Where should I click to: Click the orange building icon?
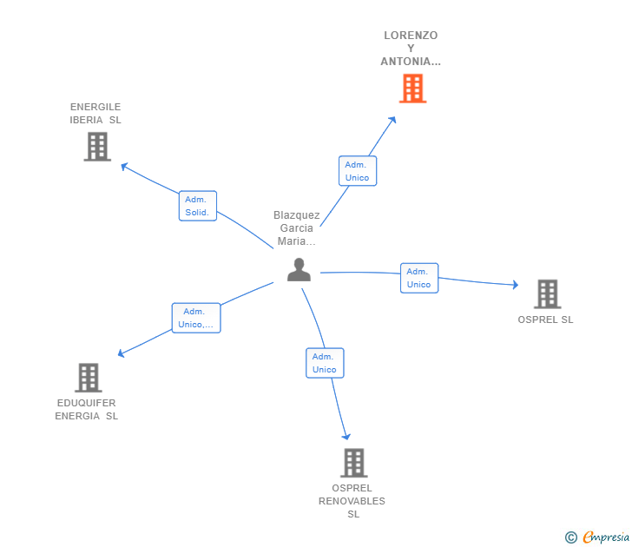click(x=412, y=89)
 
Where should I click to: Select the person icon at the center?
click(x=299, y=270)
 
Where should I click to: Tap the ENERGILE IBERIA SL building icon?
click(x=97, y=147)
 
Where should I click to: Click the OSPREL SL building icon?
click(x=547, y=293)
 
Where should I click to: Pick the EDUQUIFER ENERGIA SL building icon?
click(x=89, y=378)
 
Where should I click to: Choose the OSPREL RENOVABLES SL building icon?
click(x=354, y=463)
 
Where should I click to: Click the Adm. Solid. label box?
click(x=198, y=206)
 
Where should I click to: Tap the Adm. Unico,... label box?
click(x=196, y=318)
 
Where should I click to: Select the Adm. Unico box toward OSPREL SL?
click(x=419, y=278)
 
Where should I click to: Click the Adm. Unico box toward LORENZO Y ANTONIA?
click(x=358, y=171)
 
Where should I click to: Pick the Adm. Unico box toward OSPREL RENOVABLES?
click(x=325, y=363)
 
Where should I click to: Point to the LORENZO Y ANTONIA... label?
click(x=411, y=49)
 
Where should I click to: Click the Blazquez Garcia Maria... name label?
click(x=297, y=228)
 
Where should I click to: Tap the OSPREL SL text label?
click(x=545, y=320)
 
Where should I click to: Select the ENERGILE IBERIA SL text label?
click(x=95, y=113)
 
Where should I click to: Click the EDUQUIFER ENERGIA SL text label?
click(x=87, y=410)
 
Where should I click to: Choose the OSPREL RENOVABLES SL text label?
click(x=352, y=501)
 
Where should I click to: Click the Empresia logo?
click(x=597, y=537)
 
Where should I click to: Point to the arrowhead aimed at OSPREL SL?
click(x=516, y=285)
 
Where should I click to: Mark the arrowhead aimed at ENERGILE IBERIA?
click(x=124, y=166)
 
